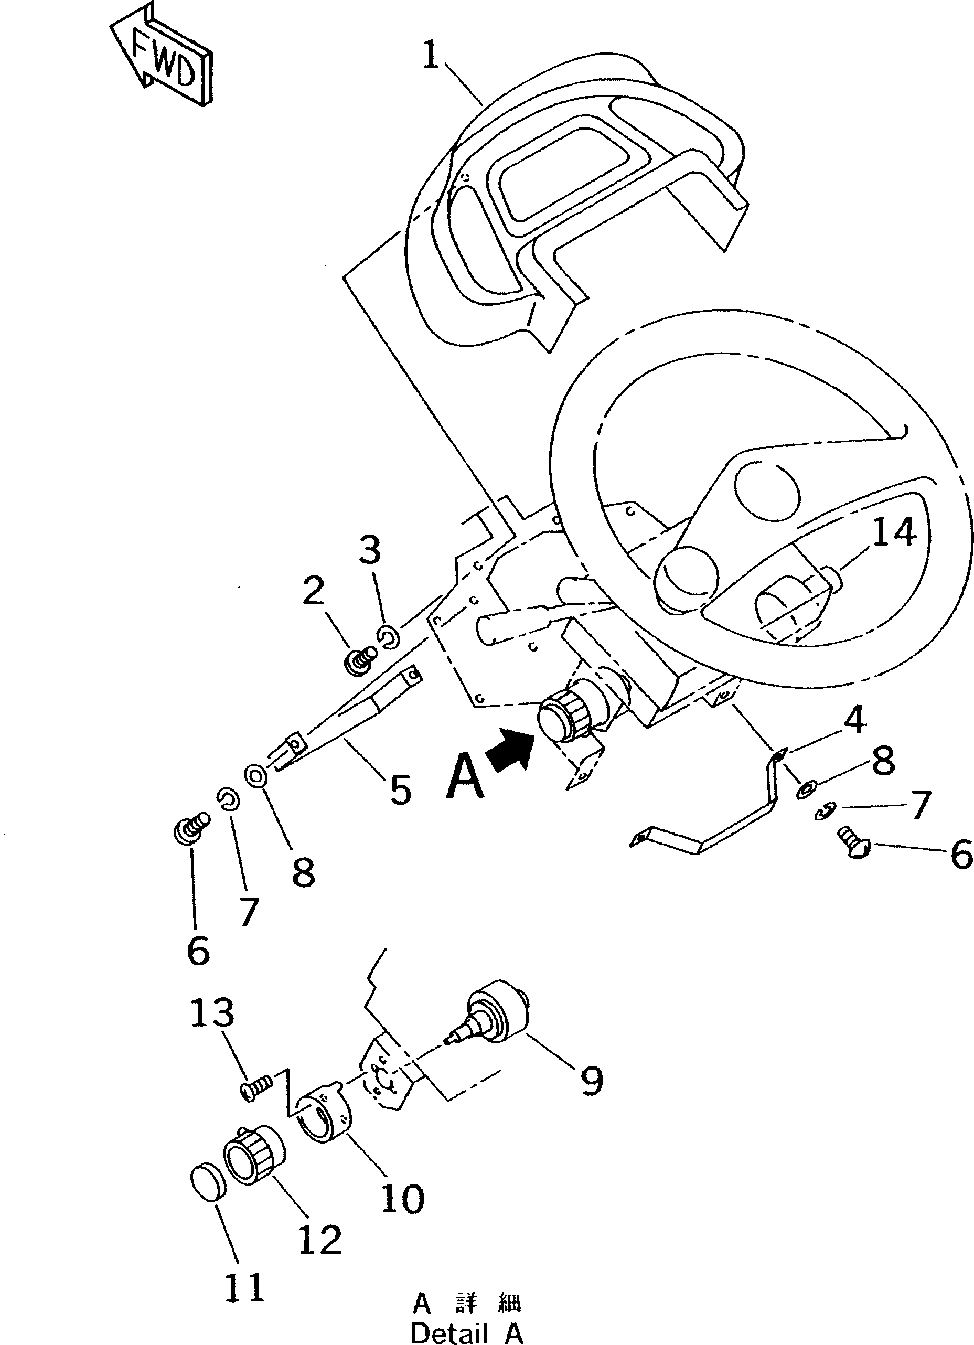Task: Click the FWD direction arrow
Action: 161,57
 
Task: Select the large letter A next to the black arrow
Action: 465,778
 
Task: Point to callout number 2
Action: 313,591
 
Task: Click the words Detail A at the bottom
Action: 467,1332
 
